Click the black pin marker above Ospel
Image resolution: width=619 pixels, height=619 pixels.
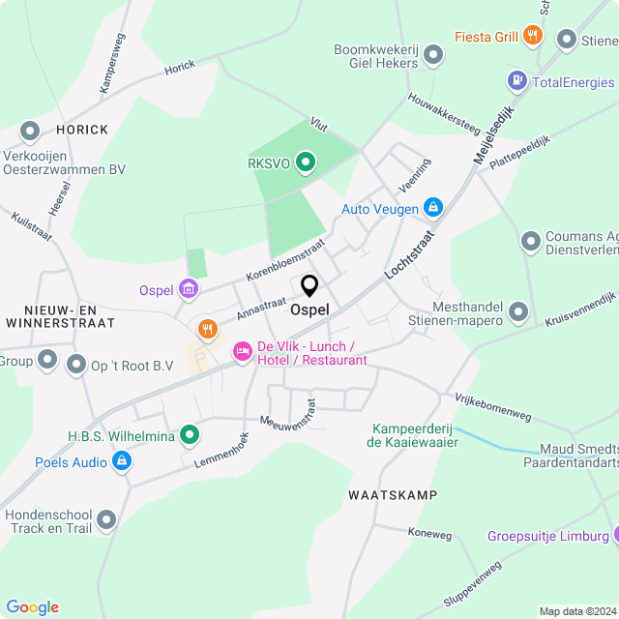click(309, 286)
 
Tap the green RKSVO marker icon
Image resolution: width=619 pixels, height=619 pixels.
click(306, 162)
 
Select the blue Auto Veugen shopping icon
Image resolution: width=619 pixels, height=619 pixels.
click(434, 208)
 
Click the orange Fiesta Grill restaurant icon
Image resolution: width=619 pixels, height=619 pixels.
click(532, 38)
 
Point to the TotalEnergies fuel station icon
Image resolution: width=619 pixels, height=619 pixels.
click(517, 81)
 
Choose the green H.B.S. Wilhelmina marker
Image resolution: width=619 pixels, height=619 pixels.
click(191, 436)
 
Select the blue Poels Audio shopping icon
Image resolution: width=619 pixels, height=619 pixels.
click(122, 462)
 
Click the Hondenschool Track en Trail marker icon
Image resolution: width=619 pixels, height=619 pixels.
click(106, 520)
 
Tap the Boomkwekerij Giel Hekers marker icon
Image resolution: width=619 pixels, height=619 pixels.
click(434, 57)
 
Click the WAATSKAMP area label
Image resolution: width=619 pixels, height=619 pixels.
click(392, 495)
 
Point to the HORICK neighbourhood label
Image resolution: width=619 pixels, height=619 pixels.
click(82, 129)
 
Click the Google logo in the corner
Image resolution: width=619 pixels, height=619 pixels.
click(32, 606)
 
